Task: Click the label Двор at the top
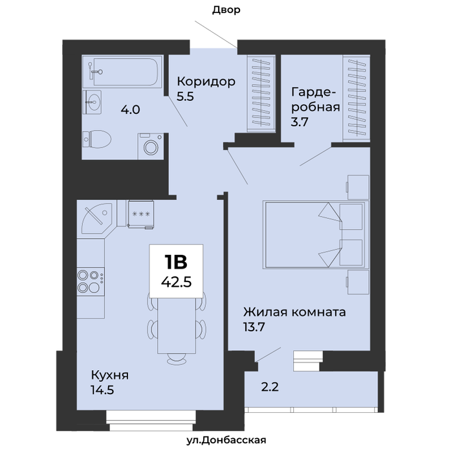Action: click(x=226, y=10)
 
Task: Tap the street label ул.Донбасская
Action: click(x=226, y=440)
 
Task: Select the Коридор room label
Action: click(x=206, y=82)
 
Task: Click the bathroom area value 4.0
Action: click(x=130, y=110)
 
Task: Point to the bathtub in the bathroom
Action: click(x=122, y=72)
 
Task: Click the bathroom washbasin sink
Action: click(x=92, y=102)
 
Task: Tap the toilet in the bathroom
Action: click(x=97, y=139)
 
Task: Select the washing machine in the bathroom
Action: click(x=151, y=146)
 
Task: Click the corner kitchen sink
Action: click(x=97, y=218)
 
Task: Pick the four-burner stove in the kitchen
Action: click(x=91, y=282)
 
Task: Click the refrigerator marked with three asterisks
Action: click(x=140, y=214)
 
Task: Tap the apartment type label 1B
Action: click(x=176, y=262)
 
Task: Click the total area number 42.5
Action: click(x=176, y=282)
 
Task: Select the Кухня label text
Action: click(x=110, y=375)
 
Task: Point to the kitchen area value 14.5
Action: click(x=102, y=390)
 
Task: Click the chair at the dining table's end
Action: click(x=177, y=359)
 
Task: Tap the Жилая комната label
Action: click(x=294, y=313)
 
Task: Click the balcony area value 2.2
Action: click(x=270, y=387)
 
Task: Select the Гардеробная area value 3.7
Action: click(x=300, y=122)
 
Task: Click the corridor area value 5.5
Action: click(x=185, y=96)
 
